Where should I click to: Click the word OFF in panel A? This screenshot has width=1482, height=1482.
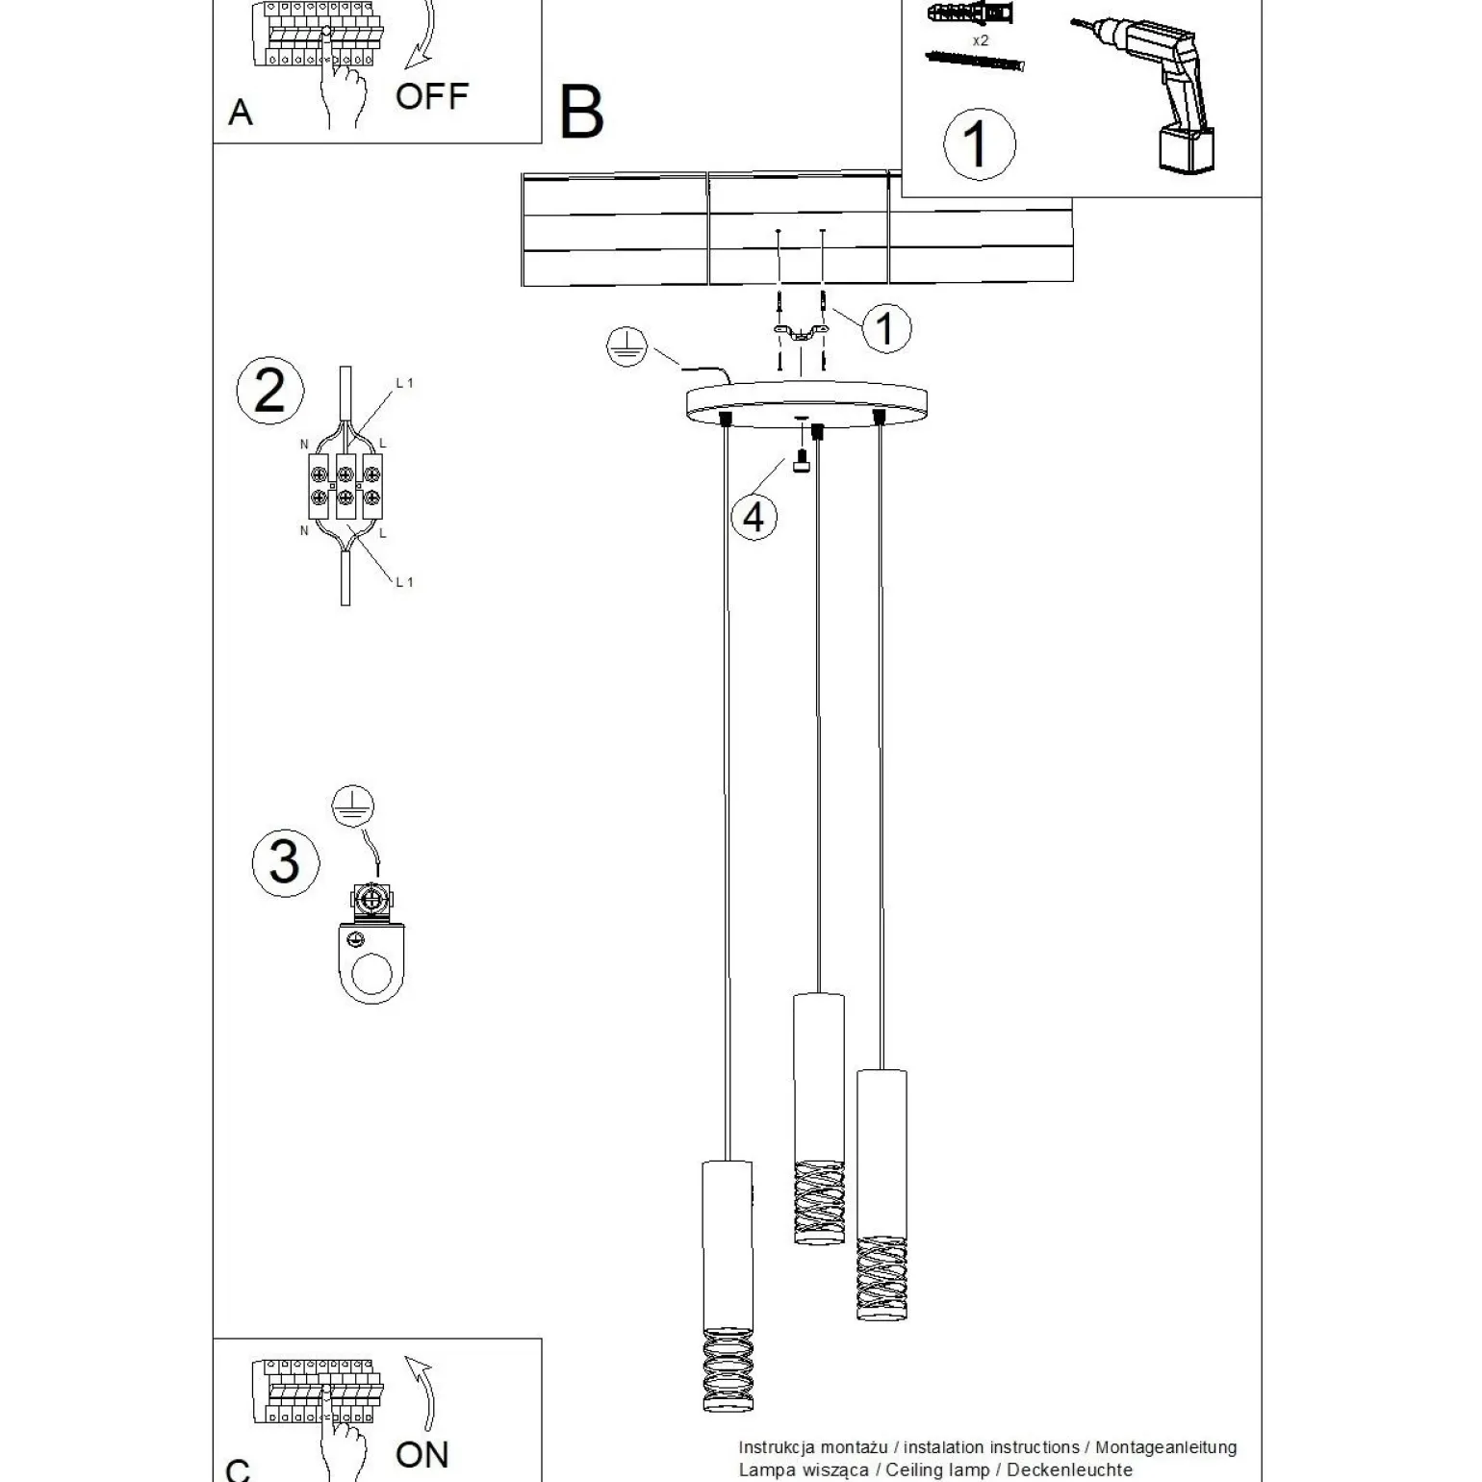pyautogui.click(x=431, y=96)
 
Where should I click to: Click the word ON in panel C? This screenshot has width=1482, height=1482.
pyautogui.click(x=422, y=1454)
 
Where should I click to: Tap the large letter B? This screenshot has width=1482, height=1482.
pyautogui.click(x=581, y=114)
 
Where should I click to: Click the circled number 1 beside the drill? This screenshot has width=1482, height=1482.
pyautogui.click(x=979, y=143)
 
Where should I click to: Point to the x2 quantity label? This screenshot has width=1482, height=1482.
pyautogui.click(x=980, y=40)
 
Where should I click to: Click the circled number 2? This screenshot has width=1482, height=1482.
pyautogui.click(x=269, y=392)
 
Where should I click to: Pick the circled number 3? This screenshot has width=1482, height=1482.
pyautogui.click(x=285, y=862)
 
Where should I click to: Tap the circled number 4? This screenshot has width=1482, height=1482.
pyautogui.click(x=754, y=517)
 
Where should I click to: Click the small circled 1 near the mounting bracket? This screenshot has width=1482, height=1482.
pyautogui.click(x=885, y=327)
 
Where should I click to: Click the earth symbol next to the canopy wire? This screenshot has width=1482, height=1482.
pyautogui.click(x=626, y=347)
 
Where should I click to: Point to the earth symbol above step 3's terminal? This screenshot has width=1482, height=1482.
pyautogui.click(x=352, y=806)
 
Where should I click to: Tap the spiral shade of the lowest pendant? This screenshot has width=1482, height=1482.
pyautogui.click(x=728, y=1369)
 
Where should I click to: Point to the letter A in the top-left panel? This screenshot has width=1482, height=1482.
pyautogui.click(x=241, y=114)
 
